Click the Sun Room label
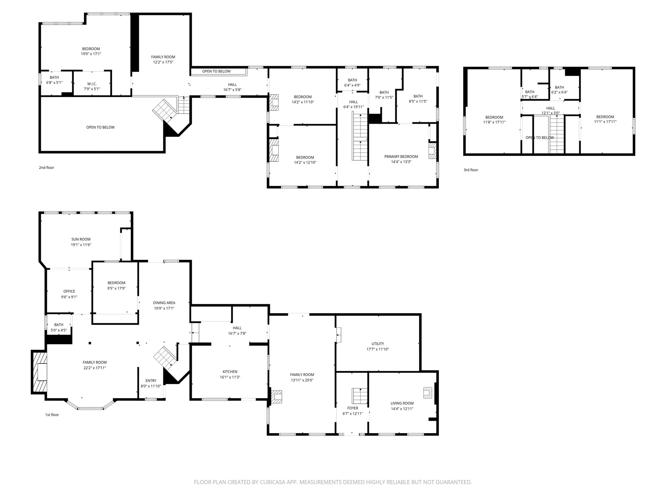81,239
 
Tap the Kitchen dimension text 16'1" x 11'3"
230,377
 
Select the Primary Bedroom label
401,157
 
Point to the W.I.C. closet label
92,84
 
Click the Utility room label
378,344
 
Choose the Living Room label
402,403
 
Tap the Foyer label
353,408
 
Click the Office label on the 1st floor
69,291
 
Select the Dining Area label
164,303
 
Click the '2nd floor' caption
46,168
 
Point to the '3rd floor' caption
471,170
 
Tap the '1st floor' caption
52,415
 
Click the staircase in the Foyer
360,396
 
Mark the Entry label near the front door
151,380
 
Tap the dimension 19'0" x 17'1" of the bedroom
91,54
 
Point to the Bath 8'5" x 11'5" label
418,96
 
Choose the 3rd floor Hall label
550,108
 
